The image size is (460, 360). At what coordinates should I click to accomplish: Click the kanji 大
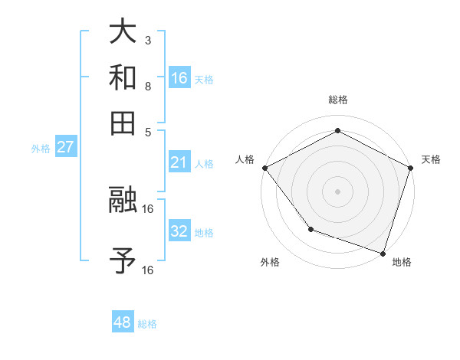(123, 32)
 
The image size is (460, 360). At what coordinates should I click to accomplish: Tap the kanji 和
(123, 77)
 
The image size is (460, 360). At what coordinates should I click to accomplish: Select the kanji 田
(123, 123)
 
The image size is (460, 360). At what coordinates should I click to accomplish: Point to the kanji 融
(123, 201)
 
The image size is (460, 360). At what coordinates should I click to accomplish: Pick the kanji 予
(123, 260)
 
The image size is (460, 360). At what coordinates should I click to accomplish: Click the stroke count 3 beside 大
(147, 40)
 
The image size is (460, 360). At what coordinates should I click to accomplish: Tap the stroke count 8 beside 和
(147, 86)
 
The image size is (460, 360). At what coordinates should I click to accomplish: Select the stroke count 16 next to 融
(148, 208)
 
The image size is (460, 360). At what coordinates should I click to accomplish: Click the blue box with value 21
(179, 162)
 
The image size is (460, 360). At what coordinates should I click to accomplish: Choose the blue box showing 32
(179, 231)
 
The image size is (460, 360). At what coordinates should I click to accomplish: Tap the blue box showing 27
(65, 147)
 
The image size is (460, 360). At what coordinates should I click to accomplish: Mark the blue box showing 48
(123, 322)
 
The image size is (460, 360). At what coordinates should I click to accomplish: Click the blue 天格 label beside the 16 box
(204, 80)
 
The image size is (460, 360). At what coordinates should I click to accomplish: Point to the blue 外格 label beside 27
(41, 149)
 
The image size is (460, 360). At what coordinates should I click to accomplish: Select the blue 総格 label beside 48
(147, 324)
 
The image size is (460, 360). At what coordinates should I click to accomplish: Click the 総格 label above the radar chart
(337, 100)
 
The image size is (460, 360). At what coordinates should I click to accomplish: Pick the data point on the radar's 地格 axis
(383, 253)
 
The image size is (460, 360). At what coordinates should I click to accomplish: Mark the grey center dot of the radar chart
(337, 191)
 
